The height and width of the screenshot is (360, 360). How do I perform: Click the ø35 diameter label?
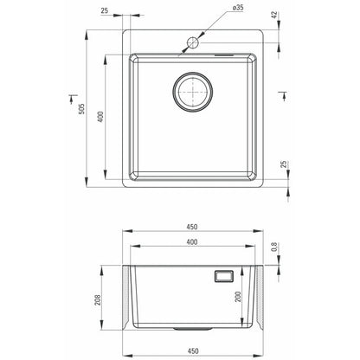tap(238, 8)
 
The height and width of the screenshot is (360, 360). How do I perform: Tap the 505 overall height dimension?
tap(81, 109)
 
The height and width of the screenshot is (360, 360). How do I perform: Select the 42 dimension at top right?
tap(274, 15)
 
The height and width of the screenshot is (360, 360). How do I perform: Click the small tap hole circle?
tap(193, 42)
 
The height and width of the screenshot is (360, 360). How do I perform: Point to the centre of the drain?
tap(193, 92)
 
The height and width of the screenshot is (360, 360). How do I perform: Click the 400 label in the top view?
tap(100, 117)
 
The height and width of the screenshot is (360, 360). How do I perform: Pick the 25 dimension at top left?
tap(105, 10)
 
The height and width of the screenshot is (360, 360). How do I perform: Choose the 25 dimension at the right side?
tap(284, 164)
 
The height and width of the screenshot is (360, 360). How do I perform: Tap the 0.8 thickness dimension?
tap(274, 247)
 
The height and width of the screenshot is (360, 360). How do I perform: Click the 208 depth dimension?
tap(98, 300)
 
